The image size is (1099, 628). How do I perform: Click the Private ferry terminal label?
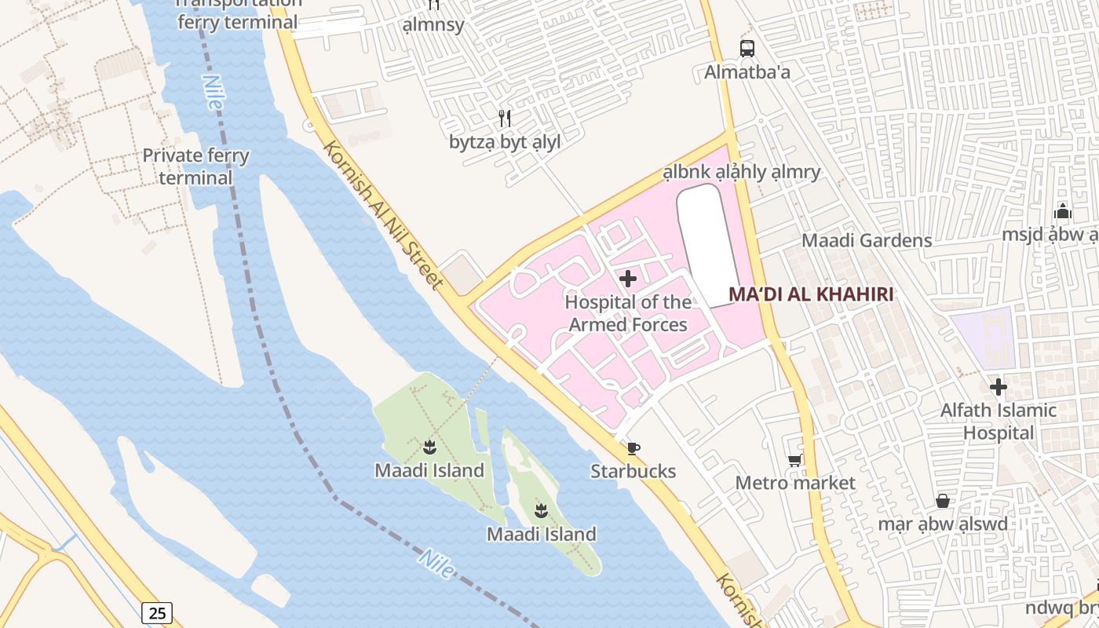pyautogui.click(x=195, y=166)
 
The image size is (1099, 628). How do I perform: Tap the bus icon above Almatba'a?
pyautogui.click(x=747, y=49)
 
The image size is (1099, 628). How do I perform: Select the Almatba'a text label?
pyautogui.click(x=747, y=72)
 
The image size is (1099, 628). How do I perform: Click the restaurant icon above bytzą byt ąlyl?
pyautogui.click(x=505, y=119)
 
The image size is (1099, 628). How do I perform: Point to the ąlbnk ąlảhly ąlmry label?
pyautogui.click(x=741, y=172)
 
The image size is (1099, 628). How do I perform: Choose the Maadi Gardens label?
pyautogui.click(x=867, y=240)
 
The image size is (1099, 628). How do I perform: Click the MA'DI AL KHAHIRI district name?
pyautogui.click(x=812, y=294)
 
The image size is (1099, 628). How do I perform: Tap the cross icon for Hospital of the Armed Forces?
pyautogui.click(x=628, y=279)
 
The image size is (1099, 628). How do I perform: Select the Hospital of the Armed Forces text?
pyautogui.click(x=628, y=313)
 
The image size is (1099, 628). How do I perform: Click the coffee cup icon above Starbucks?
pyautogui.click(x=633, y=448)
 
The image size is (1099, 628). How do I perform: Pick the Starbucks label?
pyautogui.click(x=633, y=471)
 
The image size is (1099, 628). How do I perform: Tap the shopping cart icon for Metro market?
pyautogui.click(x=795, y=460)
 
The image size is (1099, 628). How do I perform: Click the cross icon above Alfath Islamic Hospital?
pyautogui.click(x=999, y=387)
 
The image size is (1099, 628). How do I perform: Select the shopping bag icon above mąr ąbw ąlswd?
pyautogui.click(x=943, y=501)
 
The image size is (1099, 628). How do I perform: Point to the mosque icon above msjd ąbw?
pyautogui.click(x=1063, y=211)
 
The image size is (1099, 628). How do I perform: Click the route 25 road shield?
pyautogui.click(x=157, y=612)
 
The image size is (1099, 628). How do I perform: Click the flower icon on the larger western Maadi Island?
pyautogui.click(x=429, y=448)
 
